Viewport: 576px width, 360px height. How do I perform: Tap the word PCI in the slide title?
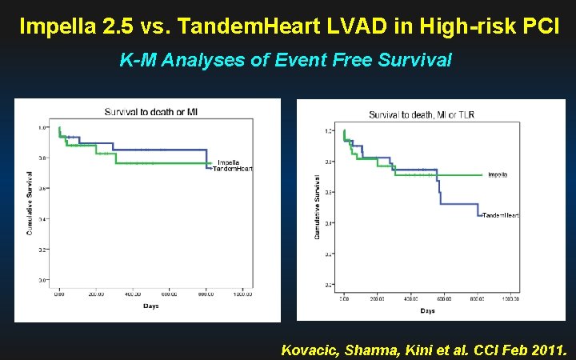click(x=533, y=26)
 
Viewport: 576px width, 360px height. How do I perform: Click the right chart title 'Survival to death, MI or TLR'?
click(x=421, y=115)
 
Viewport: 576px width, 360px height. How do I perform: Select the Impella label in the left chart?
click(x=228, y=162)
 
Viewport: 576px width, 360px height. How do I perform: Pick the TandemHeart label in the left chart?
click(x=232, y=169)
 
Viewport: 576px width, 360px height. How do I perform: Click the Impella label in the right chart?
click(x=498, y=174)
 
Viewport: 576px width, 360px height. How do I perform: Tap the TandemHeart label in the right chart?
click(x=501, y=216)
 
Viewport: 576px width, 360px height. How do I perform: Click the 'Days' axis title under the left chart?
click(x=150, y=306)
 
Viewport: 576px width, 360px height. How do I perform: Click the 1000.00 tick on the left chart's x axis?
click(x=243, y=294)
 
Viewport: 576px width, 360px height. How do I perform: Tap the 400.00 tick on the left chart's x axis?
click(x=133, y=294)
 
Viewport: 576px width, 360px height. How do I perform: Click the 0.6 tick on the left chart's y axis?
click(x=42, y=188)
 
